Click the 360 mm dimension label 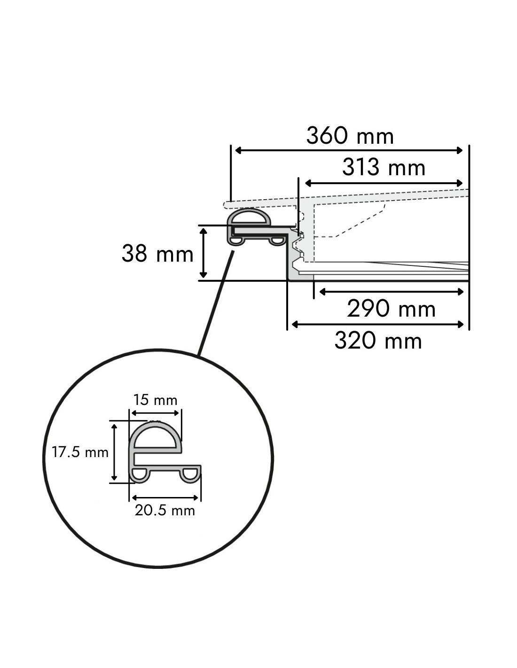point(350,136)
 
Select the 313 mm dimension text point(384,168)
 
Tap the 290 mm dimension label point(391,309)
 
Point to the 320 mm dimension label point(378,341)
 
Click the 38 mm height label point(157,254)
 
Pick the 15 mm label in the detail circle point(155,400)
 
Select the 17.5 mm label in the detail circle point(80,452)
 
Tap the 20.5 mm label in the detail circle point(165,511)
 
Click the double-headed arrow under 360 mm point(349,150)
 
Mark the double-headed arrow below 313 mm point(384,184)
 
